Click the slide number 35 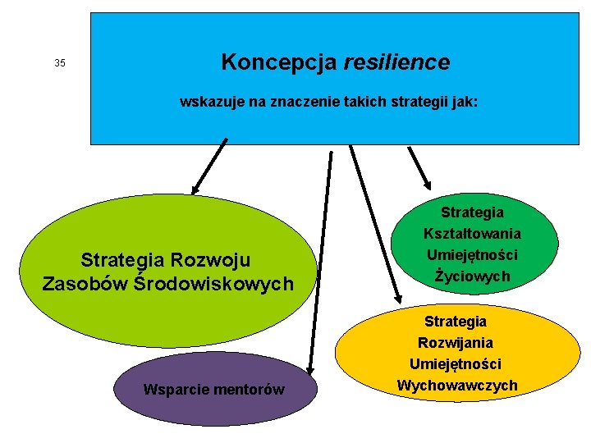pyautogui.click(x=59, y=63)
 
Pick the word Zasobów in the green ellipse pyautogui.click(x=85, y=284)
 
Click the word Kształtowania pyautogui.click(x=472, y=234)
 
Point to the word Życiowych pyautogui.click(x=472, y=276)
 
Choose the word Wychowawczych pyautogui.click(x=457, y=385)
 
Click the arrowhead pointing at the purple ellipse pyautogui.click(x=309, y=370)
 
